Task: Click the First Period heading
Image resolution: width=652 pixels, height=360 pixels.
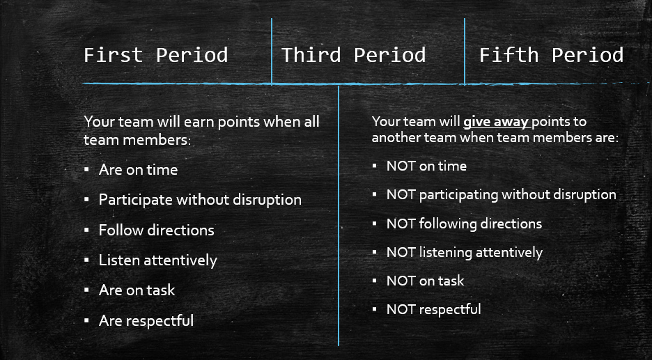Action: click(x=156, y=55)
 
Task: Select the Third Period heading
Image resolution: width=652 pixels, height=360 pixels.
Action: click(x=353, y=55)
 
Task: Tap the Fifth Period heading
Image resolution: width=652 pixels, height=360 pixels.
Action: click(x=552, y=55)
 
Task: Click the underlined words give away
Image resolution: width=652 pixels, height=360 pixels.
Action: click(x=496, y=122)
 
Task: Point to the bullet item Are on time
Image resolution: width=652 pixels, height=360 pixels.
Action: click(x=138, y=170)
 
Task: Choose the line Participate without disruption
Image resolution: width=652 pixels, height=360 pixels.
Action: click(x=200, y=200)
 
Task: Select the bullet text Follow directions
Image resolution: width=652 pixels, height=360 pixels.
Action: click(x=156, y=230)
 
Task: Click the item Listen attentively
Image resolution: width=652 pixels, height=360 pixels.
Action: click(x=158, y=260)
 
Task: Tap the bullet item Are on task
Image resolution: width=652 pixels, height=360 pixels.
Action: click(x=137, y=290)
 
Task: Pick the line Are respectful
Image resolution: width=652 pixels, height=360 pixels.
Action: click(x=146, y=320)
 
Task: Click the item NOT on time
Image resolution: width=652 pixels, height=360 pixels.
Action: click(x=426, y=166)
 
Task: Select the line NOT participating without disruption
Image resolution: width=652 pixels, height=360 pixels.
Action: click(x=502, y=195)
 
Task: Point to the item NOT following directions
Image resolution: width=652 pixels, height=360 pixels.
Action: click(x=465, y=224)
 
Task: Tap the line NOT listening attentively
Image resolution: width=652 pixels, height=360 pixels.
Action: click(x=465, y=252)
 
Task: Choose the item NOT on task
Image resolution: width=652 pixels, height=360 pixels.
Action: click(x=426, y=281)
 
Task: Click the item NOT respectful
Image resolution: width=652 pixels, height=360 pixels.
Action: click(x=434, y=309)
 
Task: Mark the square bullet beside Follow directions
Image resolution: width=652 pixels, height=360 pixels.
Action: click(x=86, y=230)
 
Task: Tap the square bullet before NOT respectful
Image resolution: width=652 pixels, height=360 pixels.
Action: click(x=374, y=309)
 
